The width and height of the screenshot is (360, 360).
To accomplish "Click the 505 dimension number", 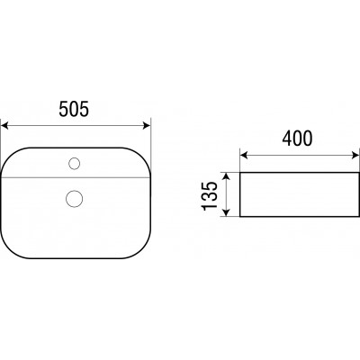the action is pos(74,109).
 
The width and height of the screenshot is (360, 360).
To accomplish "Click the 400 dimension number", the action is pos(297,139).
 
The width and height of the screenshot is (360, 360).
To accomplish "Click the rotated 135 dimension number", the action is pos(210,195).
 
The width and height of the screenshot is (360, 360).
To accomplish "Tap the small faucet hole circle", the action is pos(74,164).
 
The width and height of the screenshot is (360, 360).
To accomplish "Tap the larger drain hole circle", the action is pos(74,199).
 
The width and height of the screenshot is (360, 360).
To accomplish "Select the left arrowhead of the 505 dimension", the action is pos(4,125).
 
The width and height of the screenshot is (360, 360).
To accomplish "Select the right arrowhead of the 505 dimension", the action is pos(147,125).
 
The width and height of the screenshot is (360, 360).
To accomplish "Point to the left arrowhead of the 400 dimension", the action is pos(244,155).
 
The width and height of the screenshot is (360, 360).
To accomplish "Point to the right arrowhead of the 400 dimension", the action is pos(355,155).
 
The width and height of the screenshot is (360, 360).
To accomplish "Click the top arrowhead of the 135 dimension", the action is pos(227,176).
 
